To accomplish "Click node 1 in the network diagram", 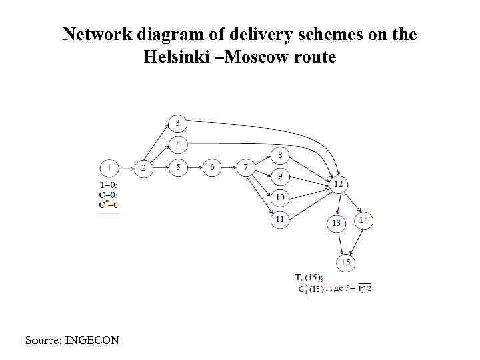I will [109, 168].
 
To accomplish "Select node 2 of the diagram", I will [143, 168].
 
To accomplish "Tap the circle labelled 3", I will [178, 123].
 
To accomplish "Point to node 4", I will [178, 144].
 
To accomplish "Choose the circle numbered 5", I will [178, 167].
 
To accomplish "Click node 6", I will [212, 167].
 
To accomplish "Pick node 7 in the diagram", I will [246, 167].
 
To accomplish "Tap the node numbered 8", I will [281, 156].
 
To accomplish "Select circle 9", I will [281, 177].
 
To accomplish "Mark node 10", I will [281, 197].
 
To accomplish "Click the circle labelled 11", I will [281, 217].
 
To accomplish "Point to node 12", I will [339, 183].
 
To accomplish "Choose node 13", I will [337, 223].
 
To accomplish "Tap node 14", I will [364, 220].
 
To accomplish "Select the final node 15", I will [345, 263].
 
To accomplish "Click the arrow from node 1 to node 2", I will [127, 168].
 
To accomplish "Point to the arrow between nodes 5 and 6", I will [195, 167].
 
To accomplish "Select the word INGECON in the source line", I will [93, 341].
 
